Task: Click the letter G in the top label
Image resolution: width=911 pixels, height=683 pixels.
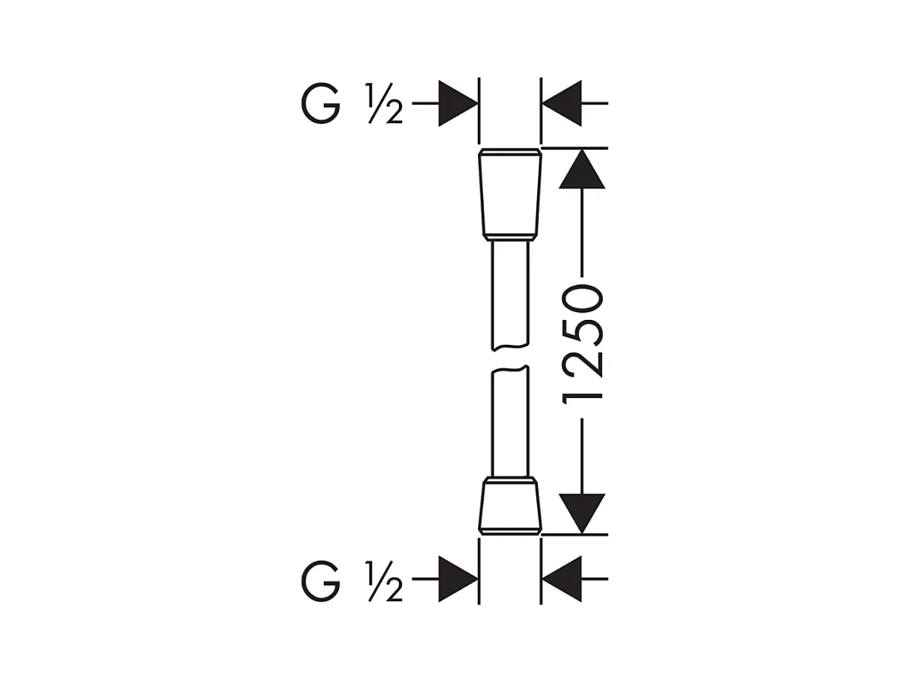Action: tap(321, 103)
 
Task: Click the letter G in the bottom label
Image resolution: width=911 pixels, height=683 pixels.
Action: tap(321, 580)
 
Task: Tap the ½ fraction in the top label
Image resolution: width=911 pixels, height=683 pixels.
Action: tap(384, 103)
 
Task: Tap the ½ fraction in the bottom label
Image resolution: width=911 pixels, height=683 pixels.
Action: tap(384, 580)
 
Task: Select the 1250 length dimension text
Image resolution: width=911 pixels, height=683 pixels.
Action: tap(582, 344)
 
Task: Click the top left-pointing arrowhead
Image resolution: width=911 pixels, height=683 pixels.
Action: tap(561, 103)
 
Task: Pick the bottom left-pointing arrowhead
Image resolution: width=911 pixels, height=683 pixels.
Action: tap(561, 579)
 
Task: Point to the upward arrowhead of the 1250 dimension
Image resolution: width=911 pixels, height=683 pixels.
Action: tap(581, 169)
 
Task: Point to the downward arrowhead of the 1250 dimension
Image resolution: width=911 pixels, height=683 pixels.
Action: tap(581, 514)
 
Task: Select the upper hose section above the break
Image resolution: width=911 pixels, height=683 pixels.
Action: tap(510, 296)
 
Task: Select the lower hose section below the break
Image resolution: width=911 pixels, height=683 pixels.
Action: tap(510, 422)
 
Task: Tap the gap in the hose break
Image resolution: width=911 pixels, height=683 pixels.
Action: tap(510, 358)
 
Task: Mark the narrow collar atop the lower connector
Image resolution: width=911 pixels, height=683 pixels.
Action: tap(510, 480)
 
